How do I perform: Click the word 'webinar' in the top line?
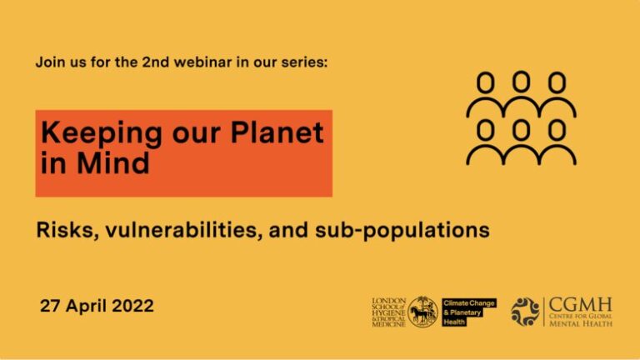coord(216,62)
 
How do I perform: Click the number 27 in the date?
coord(52,306)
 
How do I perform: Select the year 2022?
coord(133,306)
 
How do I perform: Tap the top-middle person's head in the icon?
coord(521,81)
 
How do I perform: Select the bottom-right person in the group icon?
coord(557,142)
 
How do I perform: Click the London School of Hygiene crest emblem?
coord(422,311)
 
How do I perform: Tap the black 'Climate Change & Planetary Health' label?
coord(468,312)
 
